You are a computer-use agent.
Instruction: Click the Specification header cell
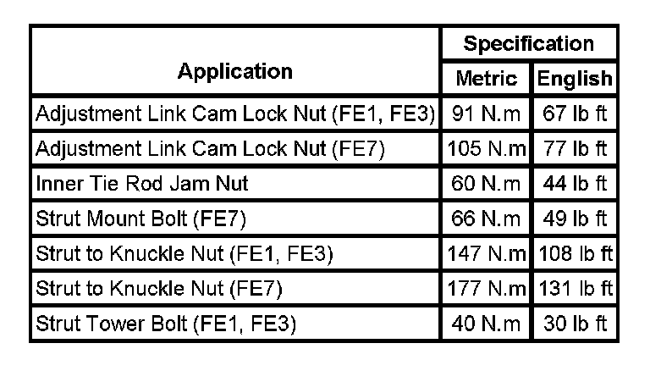(529, 43)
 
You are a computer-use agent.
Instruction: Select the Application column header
(235, 71)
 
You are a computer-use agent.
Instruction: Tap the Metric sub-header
(487, 79)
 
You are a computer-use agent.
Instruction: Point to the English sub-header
(575, 79)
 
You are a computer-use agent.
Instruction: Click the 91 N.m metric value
(487, 113)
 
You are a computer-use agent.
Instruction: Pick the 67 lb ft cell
(575, 113)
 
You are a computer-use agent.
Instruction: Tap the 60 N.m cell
(487, 183)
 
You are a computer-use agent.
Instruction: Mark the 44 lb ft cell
(575, 183)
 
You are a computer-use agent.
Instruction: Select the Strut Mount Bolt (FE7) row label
(140, 219)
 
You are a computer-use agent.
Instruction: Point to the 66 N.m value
(487, 219)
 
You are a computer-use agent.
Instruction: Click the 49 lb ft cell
(575, 219)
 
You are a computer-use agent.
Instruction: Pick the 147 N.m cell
(487, 253)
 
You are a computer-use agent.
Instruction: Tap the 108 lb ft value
(575, 253)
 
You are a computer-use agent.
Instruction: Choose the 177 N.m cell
(487, 289)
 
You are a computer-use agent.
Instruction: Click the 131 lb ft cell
(575, 289)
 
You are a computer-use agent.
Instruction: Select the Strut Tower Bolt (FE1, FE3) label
(165, 324)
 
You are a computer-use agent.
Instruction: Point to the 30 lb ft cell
(575, 324)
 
